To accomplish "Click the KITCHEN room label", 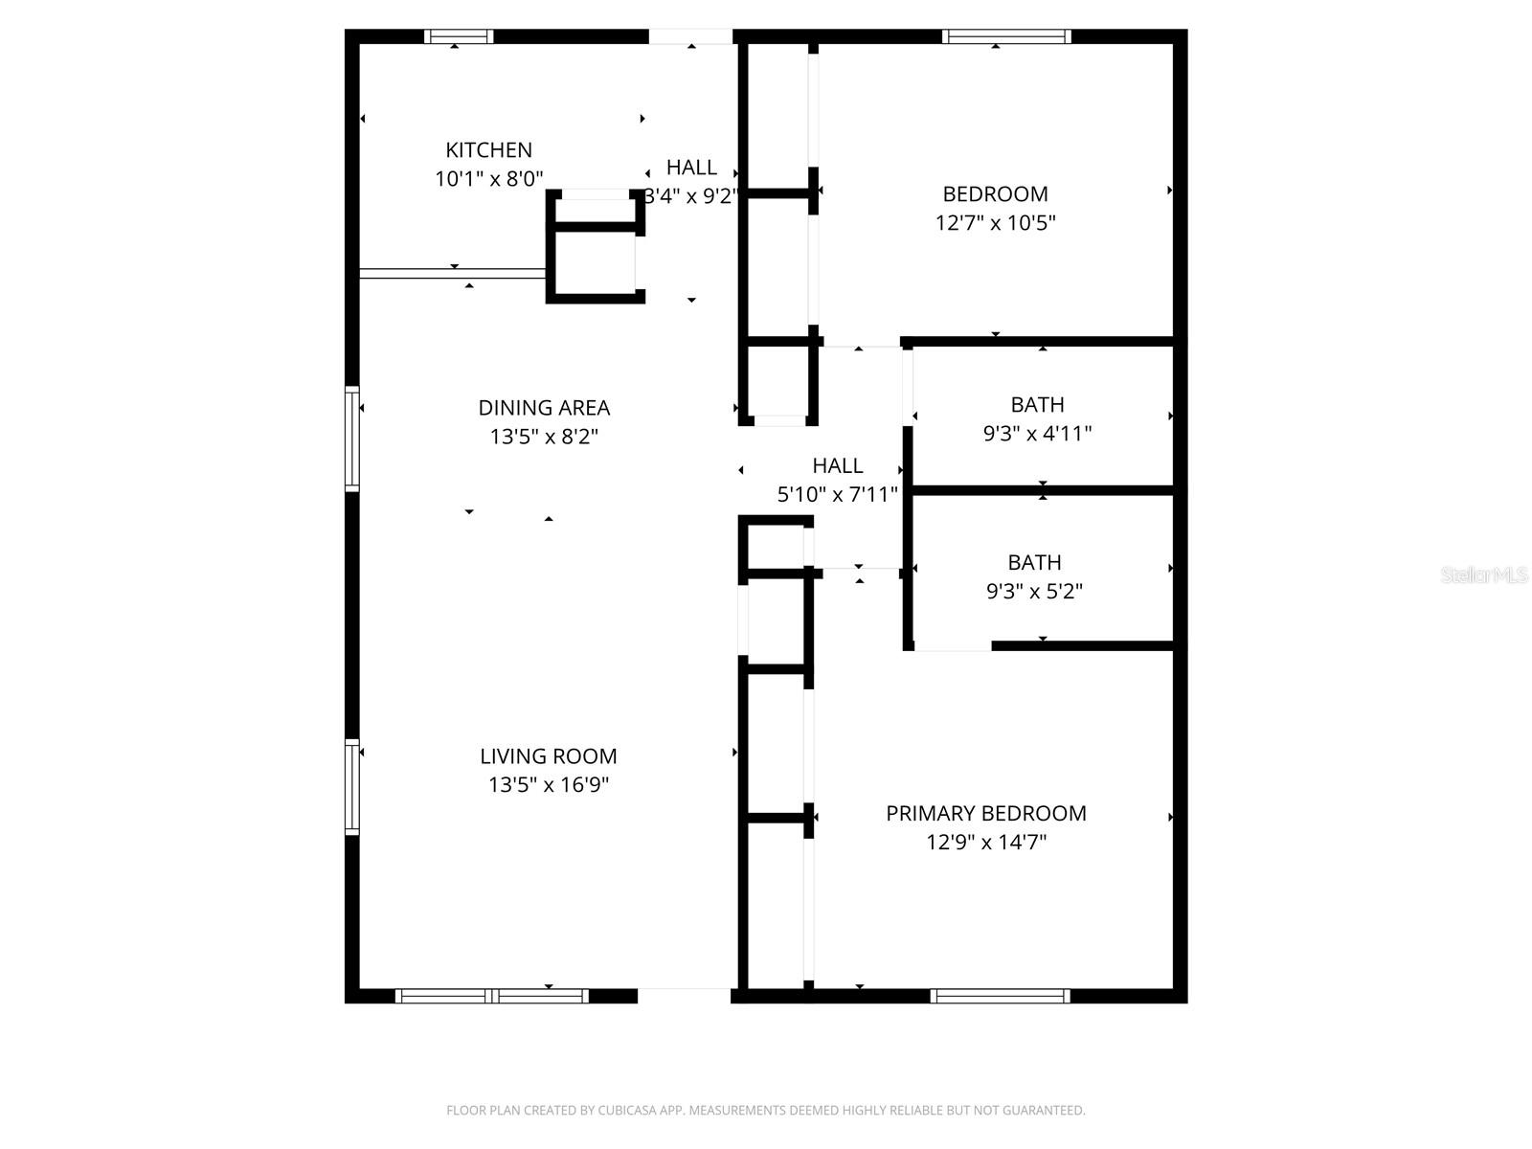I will pos(488,150).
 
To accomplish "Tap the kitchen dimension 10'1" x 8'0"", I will pos(488,179).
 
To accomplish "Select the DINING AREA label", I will pos(544,408).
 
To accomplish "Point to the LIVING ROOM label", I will pos(548,756).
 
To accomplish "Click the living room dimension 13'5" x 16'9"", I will pos(548,785).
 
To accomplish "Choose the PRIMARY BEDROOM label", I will pos(985,814).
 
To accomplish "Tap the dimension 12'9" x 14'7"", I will pos(985,843).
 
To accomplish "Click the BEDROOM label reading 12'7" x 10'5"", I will pos(995,194).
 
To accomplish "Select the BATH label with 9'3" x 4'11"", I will pos(1037,405).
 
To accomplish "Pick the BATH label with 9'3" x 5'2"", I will pos(1034,563).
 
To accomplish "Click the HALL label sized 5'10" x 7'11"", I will pos(837,466).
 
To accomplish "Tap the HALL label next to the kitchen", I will pos(691,168).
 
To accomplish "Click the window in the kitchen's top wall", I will pos(459,37).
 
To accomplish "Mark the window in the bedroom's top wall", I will pos(1005,37).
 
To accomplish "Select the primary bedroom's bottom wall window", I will pos(999,997).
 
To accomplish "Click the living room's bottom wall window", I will pos(491,997).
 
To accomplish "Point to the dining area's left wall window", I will pos(352,439).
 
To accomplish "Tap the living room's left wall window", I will pos(352,787).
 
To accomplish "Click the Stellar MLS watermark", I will pos(1484,575).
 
